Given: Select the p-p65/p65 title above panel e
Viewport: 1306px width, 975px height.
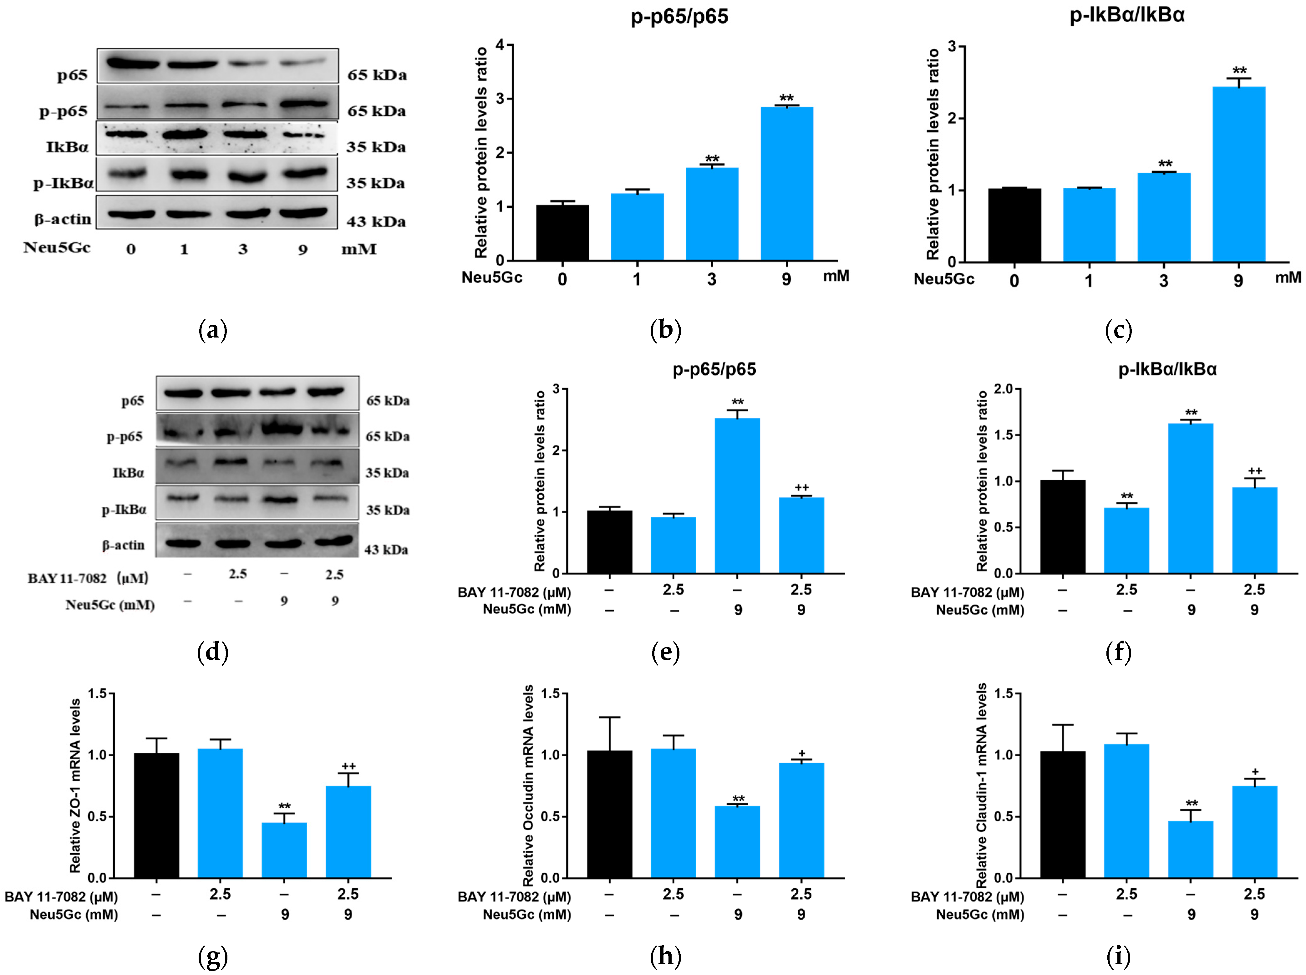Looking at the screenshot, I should pyautogui.click(x=714, y=369).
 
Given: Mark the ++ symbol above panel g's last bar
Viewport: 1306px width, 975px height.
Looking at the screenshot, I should pyautogui.click(x=348, y=766).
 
